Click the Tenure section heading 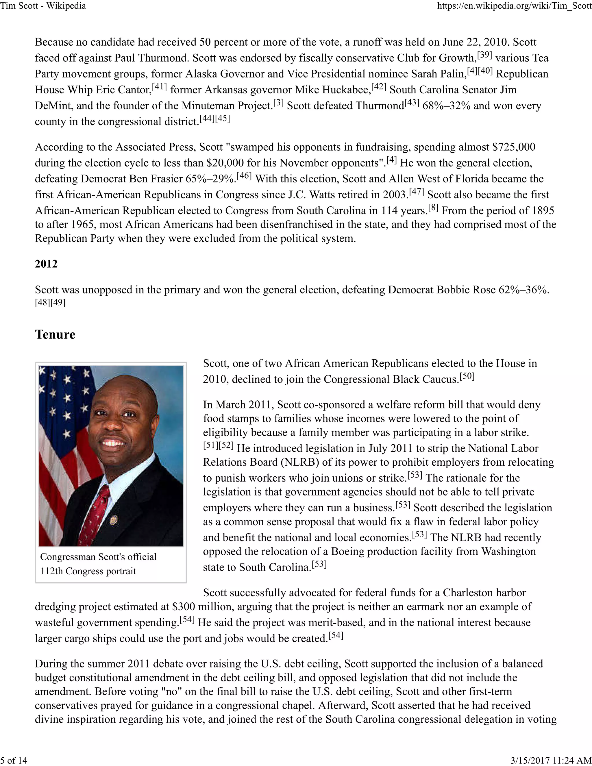click(x=55, y=334)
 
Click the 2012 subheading click(x=46, y=264)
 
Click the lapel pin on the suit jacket click(x=113, y=520)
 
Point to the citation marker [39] click(x=485, y=55)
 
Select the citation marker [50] click(x=467, y=376)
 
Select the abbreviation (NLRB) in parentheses click(x=299, y=462)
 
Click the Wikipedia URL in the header click(x=514, y=5)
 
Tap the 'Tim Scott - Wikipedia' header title click(x=43, y=5)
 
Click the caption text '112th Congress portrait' click(x=88, y=571)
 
